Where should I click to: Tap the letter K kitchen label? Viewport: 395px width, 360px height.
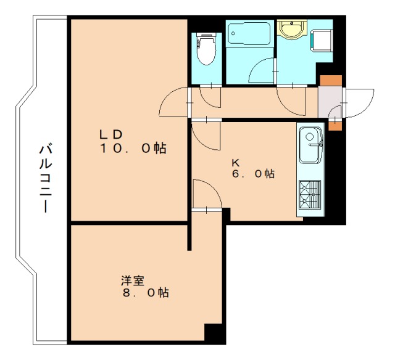coord(235,163)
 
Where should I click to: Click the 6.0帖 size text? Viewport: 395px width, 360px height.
coord(253,174)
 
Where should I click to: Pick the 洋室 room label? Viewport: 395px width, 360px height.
coord(132,280)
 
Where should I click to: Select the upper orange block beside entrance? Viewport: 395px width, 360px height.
coord(330,80)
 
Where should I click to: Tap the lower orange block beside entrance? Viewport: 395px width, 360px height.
coord(334,125)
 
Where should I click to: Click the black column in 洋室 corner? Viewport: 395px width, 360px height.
coord(213,333)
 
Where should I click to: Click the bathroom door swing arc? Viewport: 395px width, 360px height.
coord(262,71)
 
